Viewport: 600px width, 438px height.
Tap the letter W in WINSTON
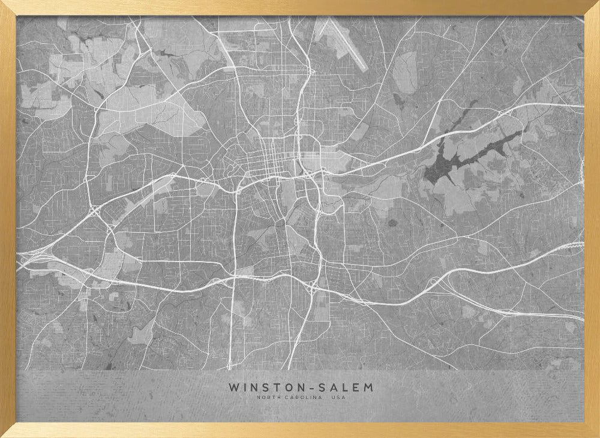[x=233, y=388]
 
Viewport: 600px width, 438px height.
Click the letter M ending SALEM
[x=368, y=388]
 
